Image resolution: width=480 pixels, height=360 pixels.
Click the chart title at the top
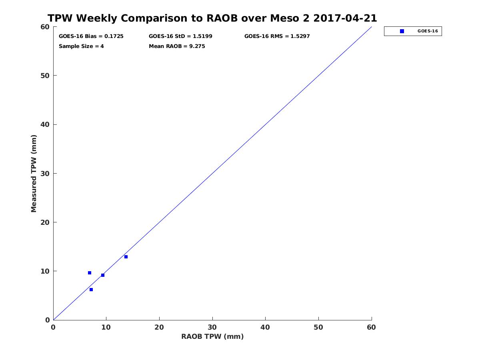point(212,18)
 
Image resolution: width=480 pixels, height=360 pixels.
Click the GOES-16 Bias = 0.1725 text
point(91,36)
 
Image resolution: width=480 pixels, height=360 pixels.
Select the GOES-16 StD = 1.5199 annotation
point(180,36)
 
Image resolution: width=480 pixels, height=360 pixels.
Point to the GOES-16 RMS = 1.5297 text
point(277,36)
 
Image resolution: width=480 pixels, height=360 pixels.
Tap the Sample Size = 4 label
point(81,46)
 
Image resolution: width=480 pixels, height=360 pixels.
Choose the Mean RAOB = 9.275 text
point(177,46)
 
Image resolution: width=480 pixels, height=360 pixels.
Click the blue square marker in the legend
point(402,31)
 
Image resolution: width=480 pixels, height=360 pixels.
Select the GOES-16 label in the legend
point(428,31)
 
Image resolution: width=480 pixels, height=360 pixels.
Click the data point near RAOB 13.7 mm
point(126,257)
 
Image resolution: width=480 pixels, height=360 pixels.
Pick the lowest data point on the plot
point(91,290)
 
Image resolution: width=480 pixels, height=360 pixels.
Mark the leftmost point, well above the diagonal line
point(90,273)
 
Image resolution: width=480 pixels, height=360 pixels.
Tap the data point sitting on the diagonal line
point(103,275)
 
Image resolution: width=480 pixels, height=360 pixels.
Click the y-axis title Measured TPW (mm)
point(34,174)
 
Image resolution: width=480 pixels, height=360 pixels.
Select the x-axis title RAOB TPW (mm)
point(212,336)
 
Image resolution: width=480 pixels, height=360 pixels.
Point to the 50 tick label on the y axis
point(45,76)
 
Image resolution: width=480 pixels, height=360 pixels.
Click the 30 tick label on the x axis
point(212,327)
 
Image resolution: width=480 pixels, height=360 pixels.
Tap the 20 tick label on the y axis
point(45,222)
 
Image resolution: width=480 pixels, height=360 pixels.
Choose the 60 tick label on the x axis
point(371,327)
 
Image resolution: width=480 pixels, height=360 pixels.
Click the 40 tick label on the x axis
point(265,327)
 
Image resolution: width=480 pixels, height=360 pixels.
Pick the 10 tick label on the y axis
point(45,271)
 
